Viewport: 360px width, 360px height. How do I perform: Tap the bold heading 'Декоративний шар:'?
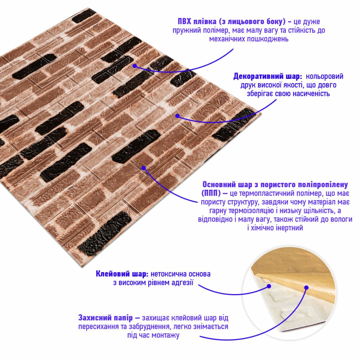click(268, 76)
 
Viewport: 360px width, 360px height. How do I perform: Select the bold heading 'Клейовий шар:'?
click(122, 274)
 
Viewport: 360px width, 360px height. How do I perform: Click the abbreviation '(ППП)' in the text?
click(211, 193)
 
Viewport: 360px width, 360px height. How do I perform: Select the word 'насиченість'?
click(311, 94)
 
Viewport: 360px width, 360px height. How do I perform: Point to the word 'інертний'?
click(289, 228)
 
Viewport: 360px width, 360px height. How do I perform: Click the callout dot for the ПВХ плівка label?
click(134, 66)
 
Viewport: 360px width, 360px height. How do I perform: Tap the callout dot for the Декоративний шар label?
click(177, 116)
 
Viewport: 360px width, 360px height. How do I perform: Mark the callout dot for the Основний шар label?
click(143, 168)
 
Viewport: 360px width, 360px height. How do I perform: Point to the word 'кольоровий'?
click(325, 76)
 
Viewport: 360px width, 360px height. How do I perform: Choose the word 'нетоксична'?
click(168, 274)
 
